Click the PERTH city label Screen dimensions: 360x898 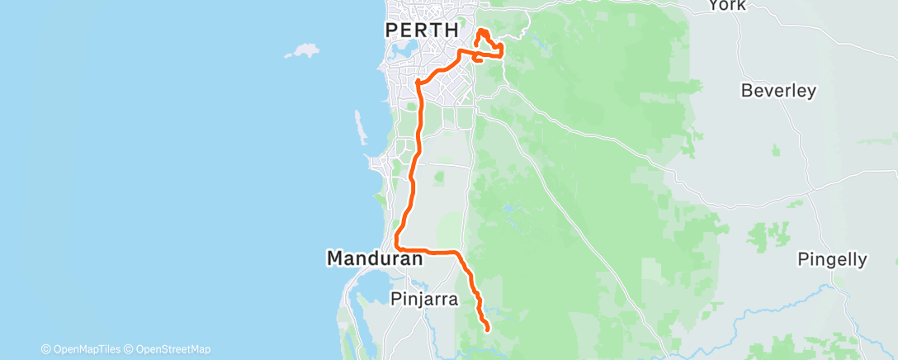pos(423,30)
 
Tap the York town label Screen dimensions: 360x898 pos(727,5)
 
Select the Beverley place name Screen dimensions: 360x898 pos(778,91)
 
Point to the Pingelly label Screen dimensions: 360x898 pos(832,260)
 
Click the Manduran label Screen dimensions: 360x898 pos(375,259)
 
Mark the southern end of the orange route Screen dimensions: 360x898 pos(488,329)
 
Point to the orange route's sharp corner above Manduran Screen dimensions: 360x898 pos(397,246)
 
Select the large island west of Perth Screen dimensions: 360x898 pos(301,51)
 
